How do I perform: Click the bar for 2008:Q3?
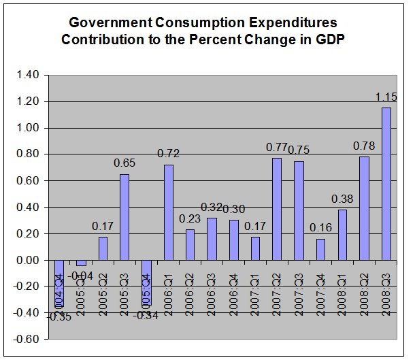pyautogui.click(x=386, y=184)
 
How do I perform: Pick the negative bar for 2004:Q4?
pyautogui.click(x=60, y=283)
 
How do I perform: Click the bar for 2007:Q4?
pyautogui.click(x=320, y=249)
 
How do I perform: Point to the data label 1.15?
pyautogui.click(x=386, y=97)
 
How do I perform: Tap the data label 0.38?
pyautogui.click(x=342, y=199)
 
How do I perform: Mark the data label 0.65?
pyautogui.click(x=124, y=164)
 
